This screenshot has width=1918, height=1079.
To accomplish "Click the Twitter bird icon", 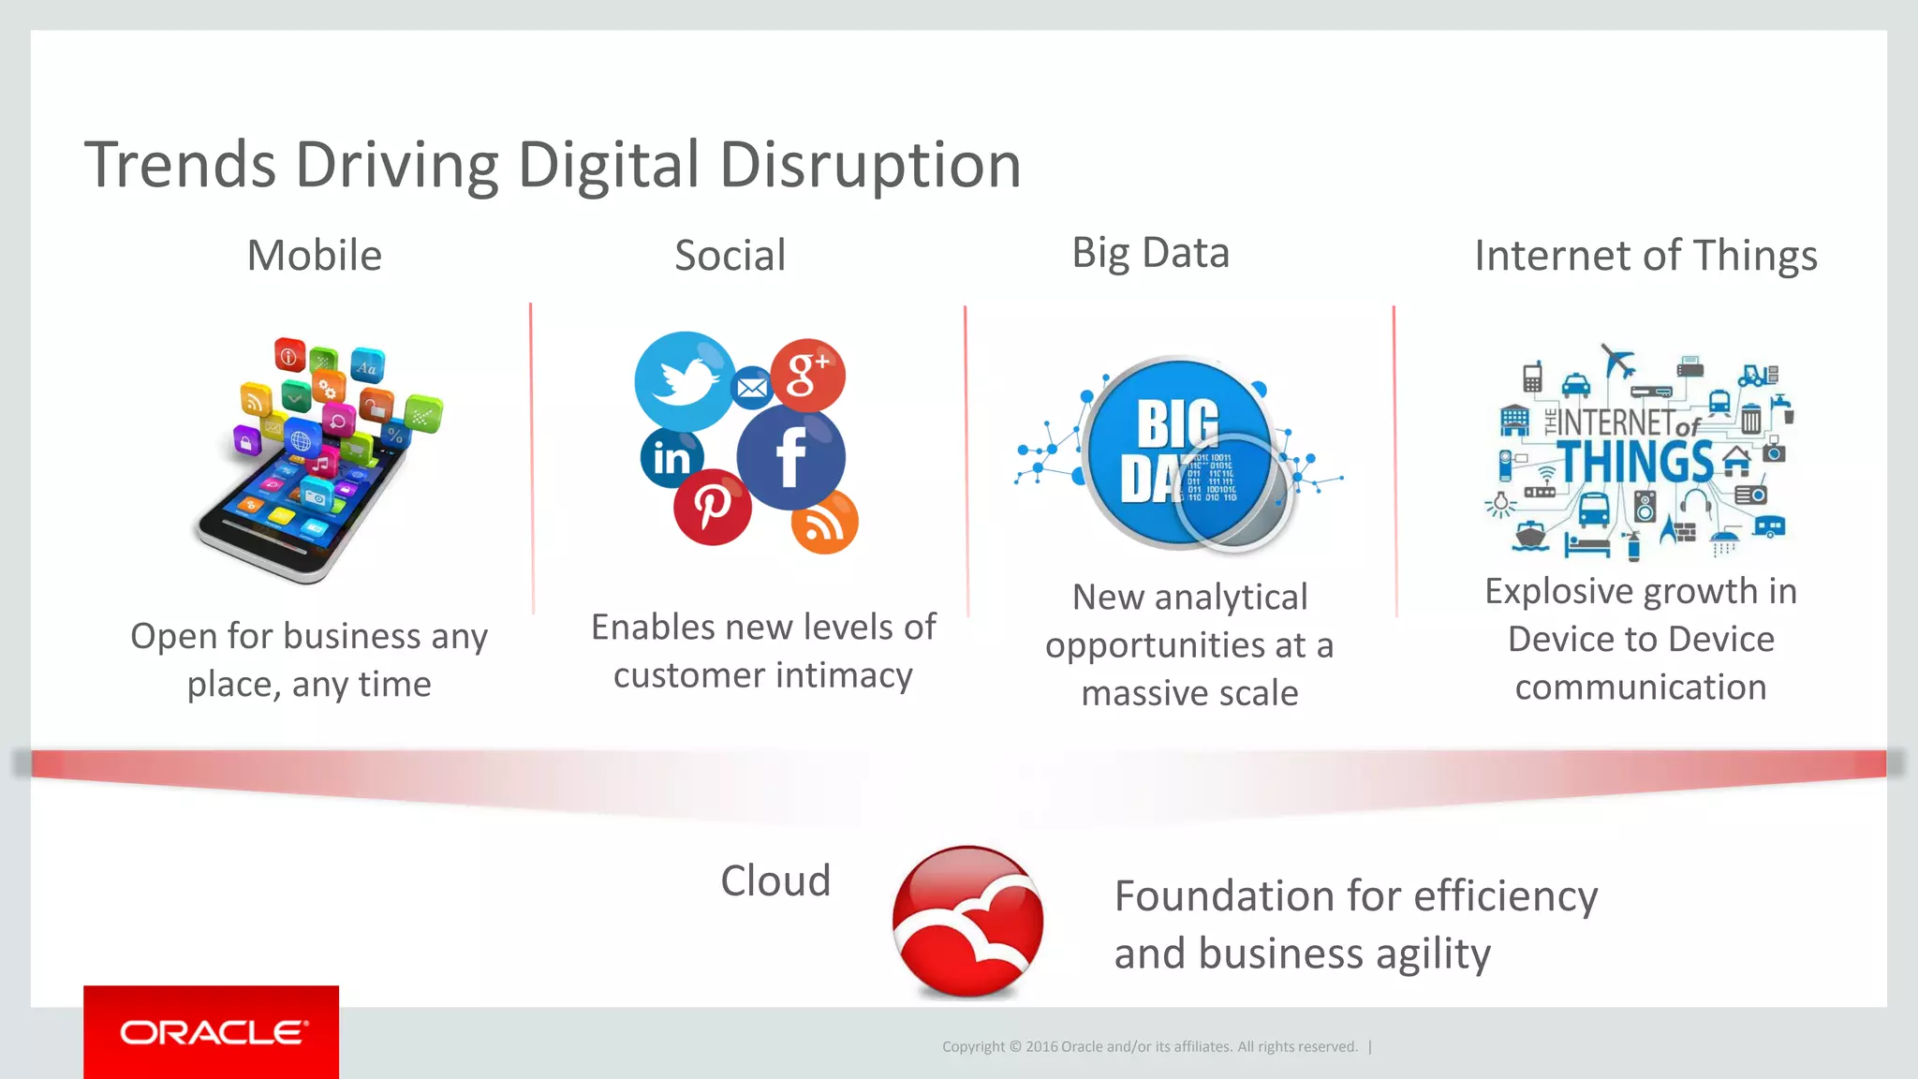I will click(x=684, y=381).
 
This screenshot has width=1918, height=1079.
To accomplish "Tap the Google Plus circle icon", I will click(x=808, y=375).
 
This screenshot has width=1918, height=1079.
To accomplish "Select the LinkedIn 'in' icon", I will click(x=671, y=457).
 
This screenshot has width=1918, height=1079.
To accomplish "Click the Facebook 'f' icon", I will click(x=791, y=457).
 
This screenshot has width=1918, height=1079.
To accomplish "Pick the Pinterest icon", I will click(x=712, y=507).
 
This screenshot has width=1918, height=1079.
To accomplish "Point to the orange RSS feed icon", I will click(x=824, y=523).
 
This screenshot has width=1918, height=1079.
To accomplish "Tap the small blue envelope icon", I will click(x=752, y=387).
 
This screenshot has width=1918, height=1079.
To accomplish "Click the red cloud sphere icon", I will click(x=968, y=922).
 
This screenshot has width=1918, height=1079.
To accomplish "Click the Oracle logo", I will click(x=212, y=1032).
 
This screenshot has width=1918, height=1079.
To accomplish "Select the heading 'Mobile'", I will click(x=315, y=256).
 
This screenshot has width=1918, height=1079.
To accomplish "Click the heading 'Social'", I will click(x=730, y=256).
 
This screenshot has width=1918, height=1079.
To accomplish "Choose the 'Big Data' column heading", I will click(x=1150, y=254).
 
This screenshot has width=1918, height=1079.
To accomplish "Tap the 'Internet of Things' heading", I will click(x=1645, y=256).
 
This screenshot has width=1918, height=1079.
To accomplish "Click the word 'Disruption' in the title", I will click(x=870, y=166).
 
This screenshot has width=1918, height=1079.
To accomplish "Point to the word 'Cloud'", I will click(x=775, y=881).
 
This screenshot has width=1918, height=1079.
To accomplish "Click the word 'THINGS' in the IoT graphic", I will click(x=1635, y=461).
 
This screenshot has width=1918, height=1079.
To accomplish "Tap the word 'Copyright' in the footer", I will click(x=974, y=1047).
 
